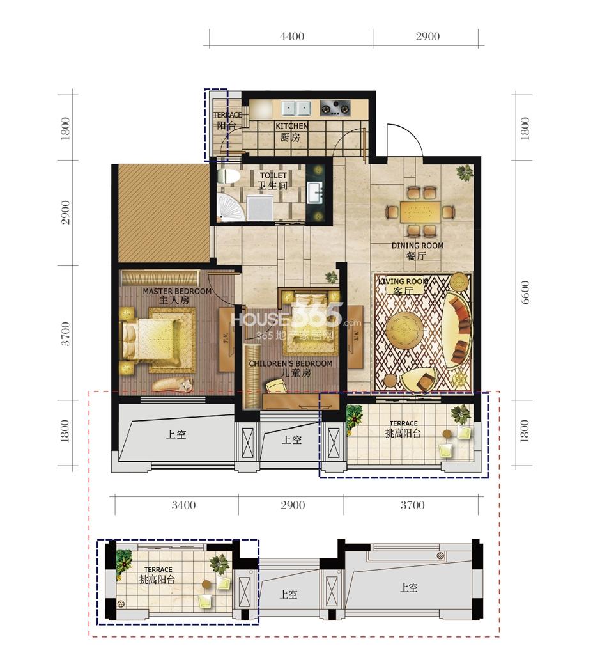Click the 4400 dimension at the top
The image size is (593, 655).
[x=291, y=36]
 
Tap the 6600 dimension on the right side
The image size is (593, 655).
[x=525, y=292]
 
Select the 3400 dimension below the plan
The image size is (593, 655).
[x=183, y=505]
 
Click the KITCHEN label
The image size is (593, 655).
[x=291, y=126]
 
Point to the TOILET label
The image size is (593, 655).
[x=273, y=175]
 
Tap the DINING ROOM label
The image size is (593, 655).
[x=417, y=246]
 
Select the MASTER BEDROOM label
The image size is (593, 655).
[x=177, y=291]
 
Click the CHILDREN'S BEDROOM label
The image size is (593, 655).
[x=291, y=363]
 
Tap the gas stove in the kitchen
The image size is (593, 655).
[x=335, y=108]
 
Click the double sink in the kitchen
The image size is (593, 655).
[x=296, y=108]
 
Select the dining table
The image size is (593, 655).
[x=420, y=212]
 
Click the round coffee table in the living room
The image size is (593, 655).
[x=404, y=329]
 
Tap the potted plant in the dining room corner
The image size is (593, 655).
[x=465, y=172]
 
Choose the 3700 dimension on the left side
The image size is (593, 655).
[x=66, y=333]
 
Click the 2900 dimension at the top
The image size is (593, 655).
[x=427, y=36]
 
